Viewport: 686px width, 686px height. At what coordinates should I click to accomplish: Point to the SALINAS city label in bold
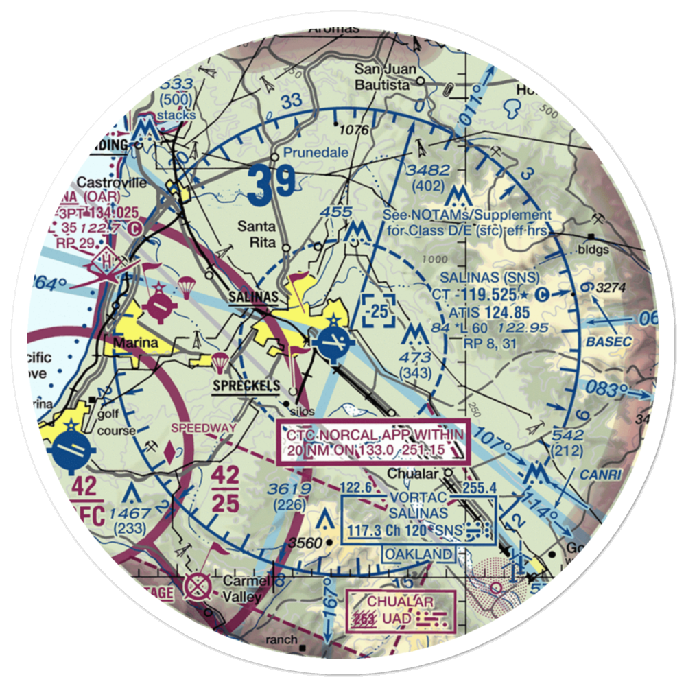(253, 296)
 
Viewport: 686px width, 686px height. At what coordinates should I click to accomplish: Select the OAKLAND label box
(418, 554)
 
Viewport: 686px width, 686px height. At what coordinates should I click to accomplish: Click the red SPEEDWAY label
(203, 427)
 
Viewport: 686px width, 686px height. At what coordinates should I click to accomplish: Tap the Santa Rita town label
(257, 234)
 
